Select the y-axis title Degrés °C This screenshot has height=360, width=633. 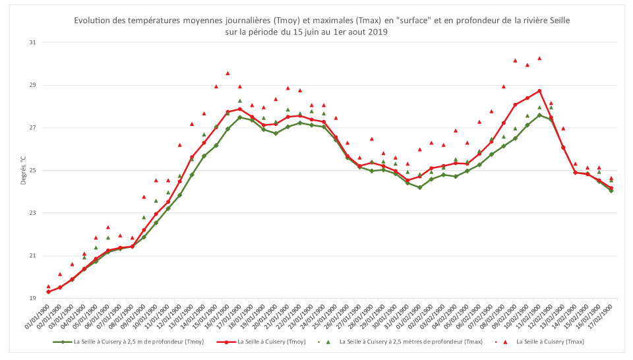click(23, 171)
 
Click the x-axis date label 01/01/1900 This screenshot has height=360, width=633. click(40, 318)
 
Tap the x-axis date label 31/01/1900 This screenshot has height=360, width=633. click(400, 318)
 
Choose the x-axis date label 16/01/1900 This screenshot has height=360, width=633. click(220, 318)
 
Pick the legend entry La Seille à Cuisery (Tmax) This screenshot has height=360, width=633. click(550, 342)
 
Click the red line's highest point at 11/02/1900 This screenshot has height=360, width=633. click(539, 91)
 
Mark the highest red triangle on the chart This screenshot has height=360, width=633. click(539, 58)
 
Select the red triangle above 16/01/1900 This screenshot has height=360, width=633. click(227, 73)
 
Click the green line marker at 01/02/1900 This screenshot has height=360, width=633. click(419, 187)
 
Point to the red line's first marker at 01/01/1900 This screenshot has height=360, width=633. click(48, 291)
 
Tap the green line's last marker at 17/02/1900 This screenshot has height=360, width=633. click(611, 191)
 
